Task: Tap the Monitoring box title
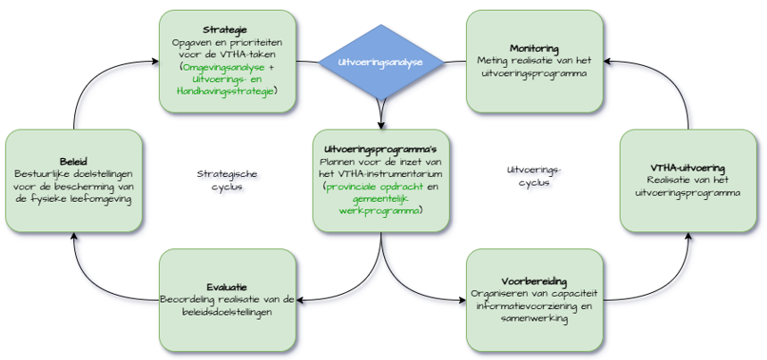coord(535,47)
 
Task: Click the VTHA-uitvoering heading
coord(688,167)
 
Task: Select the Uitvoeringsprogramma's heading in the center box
coord(381,147)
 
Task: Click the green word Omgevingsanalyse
coord(223,67)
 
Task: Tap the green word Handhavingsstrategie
coord(225,90)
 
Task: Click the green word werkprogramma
coord(379,211)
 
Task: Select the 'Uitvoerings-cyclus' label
coord(535,175)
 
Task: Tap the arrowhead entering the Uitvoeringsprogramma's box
coord(381,124)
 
